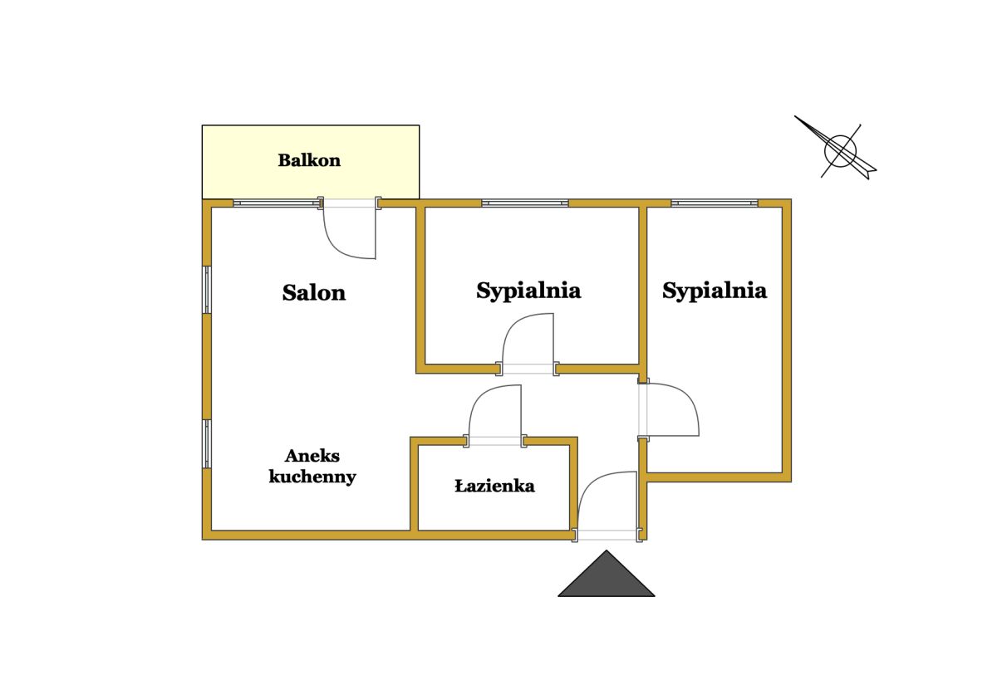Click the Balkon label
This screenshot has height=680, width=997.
click(x=309, y=160)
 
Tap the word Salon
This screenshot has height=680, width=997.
click(x=314, y=292)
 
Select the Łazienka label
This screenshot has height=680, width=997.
click(x=494, y=485)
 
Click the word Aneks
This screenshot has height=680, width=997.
click(x=312, y=455)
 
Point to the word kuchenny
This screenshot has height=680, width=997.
click(x=312, y=477)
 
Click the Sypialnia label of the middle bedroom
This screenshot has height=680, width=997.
click(x=528, y=291)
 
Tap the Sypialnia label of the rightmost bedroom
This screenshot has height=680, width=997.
click(x=715, y=291)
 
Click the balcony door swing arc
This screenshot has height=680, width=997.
click(x=350, y=233)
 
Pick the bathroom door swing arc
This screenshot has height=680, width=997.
click(x=495, y=411)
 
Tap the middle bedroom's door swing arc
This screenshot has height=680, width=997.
click(x=528, y=339)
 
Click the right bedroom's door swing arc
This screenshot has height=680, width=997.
click(x=673, y=409)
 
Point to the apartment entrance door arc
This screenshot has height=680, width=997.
click(x=608, y=501)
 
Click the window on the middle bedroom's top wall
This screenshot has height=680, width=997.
click(x=525, y=203)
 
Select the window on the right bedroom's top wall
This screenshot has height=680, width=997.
click(x=715, y=203)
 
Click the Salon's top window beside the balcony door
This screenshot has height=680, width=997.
click(x=277, y=203)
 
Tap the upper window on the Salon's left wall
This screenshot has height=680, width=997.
click(x=207, y=290)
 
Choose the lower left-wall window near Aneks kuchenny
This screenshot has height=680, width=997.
click(x=207, y=444)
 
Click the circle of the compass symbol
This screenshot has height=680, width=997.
click(x=840, y=151)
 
